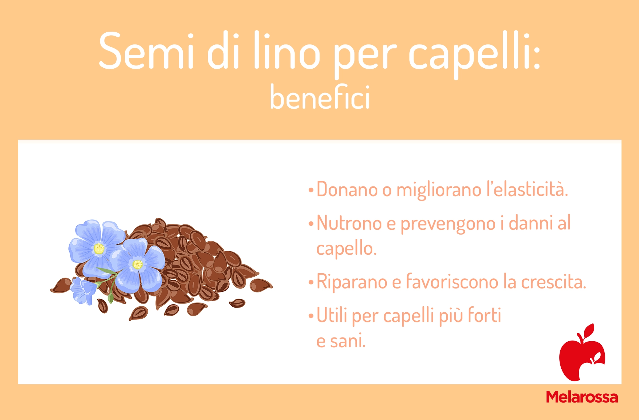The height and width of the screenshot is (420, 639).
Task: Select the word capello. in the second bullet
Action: click(x=346, y=249)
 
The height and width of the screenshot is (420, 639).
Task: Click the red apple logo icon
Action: click(x=582, y=352)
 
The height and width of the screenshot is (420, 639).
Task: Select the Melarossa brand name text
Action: click(x=582, y=397)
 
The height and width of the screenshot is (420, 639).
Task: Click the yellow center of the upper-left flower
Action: click(x=99, y=249)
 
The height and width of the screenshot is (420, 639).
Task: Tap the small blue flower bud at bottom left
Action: click(x=83, y=290)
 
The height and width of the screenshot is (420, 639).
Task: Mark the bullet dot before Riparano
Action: click(x=311, y=283)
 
